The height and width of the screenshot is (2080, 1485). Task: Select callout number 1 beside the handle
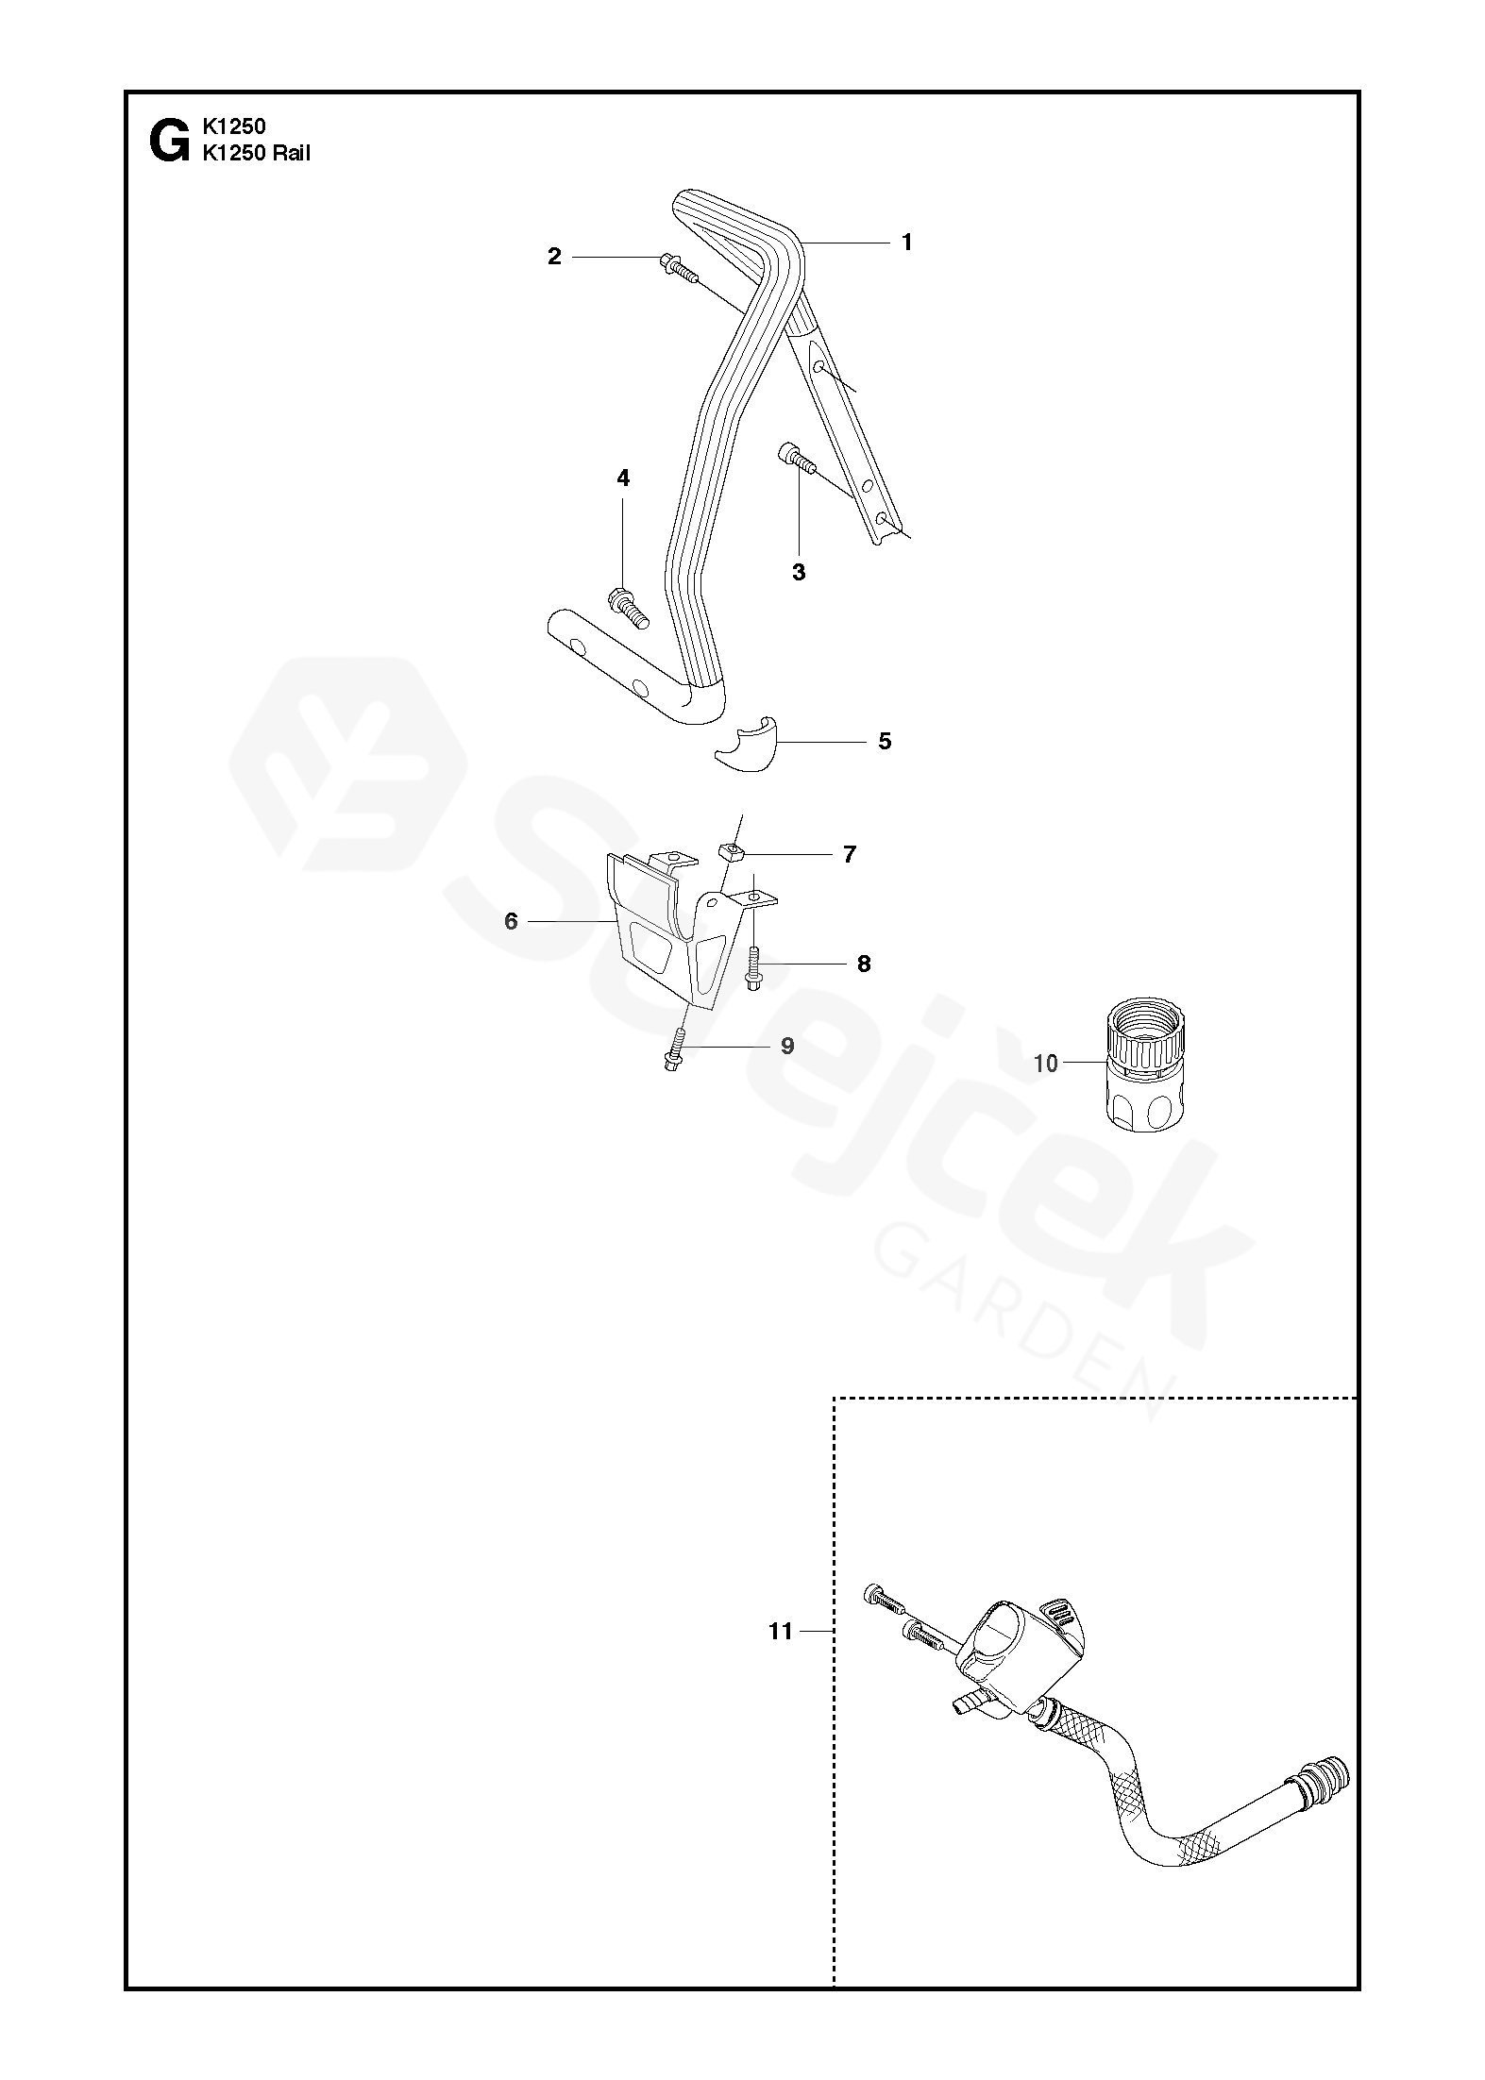(906, 243)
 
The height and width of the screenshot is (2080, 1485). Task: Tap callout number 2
(554, 256)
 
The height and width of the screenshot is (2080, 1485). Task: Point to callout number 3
(799, 572)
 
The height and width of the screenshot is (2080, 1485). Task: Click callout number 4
(623, 478)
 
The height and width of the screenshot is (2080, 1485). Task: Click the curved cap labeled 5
(747, 746)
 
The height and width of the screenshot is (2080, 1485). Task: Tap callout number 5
(885, 741)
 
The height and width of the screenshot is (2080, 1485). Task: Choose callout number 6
(511, 921)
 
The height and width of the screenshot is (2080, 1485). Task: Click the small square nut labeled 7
(733, 853)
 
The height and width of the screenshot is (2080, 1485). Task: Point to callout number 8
(864, 964)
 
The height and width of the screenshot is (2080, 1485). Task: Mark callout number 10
(1046, 1064)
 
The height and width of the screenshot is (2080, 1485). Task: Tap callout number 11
(780, 1631)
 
